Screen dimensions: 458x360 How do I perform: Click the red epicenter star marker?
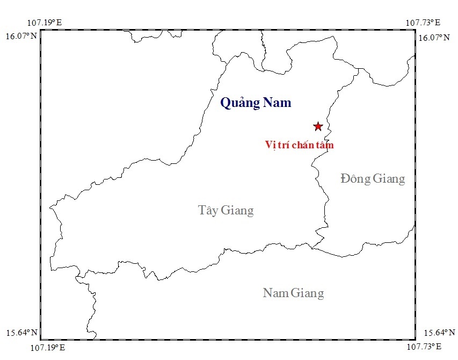318,126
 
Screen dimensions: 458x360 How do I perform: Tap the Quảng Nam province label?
256,103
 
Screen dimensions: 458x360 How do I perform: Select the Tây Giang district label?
226,210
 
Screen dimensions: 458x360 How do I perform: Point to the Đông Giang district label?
373,178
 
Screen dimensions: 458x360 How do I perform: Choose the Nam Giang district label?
293,293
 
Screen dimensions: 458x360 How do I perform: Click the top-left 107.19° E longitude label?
44,23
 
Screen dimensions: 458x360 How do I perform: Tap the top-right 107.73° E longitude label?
423,23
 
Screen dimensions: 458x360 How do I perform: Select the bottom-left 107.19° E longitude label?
44,348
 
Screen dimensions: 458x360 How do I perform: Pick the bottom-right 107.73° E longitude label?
423,348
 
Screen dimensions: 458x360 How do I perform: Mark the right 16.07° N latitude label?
435,38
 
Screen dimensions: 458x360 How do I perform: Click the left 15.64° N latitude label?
21,333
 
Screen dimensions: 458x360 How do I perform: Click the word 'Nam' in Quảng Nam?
277,103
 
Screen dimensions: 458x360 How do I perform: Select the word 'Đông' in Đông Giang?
356,178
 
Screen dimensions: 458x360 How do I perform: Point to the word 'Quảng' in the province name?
239,103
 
